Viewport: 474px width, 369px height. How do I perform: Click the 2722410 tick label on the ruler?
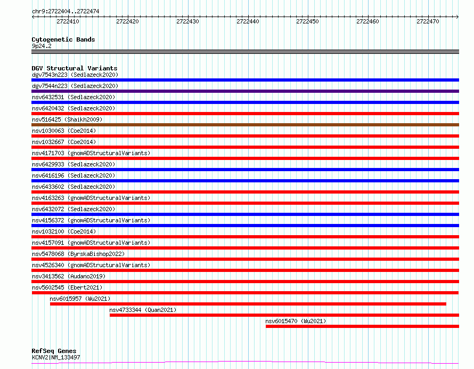point(68,21)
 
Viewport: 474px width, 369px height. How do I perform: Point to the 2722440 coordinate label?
point(248,21)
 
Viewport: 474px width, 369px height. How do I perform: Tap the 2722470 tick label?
point(428,21)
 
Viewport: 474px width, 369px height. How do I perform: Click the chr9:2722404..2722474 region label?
point(66,11)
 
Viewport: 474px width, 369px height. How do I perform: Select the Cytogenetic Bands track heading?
point(63,39)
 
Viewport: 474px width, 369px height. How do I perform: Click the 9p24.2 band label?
point(42,46)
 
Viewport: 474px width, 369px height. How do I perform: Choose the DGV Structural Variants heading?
point(75,68)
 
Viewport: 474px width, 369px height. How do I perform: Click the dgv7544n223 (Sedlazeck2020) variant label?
point(75,86)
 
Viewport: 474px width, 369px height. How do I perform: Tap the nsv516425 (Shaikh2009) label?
point(67,119)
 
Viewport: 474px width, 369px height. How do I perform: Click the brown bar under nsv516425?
point(245,125)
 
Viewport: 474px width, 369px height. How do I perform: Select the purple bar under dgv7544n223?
point(245,91)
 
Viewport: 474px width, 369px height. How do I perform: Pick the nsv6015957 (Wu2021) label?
point(80,299)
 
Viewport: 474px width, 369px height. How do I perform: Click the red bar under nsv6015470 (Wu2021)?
point(362,326)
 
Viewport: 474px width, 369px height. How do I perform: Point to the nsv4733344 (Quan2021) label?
point(143,310)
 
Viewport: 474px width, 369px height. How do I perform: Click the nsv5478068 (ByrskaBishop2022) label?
point(78,254)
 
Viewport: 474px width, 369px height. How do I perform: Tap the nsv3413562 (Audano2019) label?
point(69,276)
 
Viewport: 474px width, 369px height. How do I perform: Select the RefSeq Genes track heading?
point(54,351)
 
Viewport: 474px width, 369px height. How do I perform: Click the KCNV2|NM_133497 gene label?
point(56,357)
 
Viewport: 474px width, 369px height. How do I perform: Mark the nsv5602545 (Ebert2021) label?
point(67,287)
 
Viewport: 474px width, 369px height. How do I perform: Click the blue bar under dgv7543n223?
point(245,80)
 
